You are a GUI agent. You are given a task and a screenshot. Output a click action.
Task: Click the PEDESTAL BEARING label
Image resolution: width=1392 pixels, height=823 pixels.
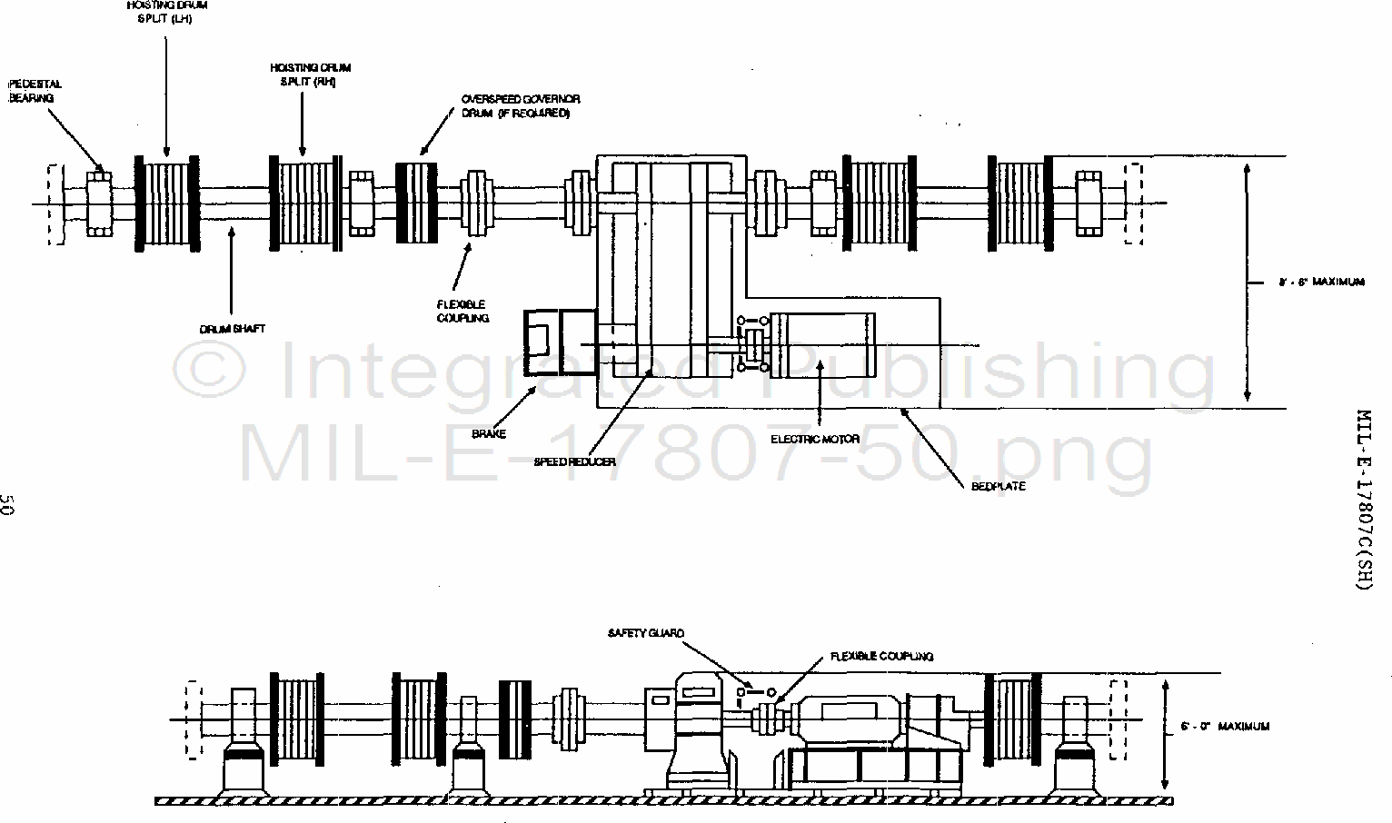(x=35, y=91)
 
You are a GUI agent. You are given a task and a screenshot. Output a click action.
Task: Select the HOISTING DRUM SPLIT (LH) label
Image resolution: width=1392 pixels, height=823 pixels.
(x=167, y=12)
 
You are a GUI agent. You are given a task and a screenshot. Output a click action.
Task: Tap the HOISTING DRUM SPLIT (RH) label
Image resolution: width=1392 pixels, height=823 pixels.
(x=310, y=74)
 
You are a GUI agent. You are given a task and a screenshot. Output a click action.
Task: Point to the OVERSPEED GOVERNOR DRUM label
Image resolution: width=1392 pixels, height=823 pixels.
(x=520, y=105)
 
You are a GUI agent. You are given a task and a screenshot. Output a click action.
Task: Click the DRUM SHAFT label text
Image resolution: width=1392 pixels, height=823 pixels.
(x=233, y=329)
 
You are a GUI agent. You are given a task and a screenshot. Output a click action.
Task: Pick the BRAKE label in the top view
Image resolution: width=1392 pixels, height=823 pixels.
(x=489, y=434)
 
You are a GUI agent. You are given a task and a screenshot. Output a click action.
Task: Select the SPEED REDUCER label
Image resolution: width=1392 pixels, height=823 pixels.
(x=574, y=462)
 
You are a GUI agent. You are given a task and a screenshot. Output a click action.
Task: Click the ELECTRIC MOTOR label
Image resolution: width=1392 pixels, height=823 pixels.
(x=815, y=440)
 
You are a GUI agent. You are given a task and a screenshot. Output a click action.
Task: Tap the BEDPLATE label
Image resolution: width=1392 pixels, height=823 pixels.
(x=998, y=487)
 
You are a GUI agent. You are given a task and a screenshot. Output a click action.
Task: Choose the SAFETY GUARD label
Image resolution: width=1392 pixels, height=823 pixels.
(x=646, y=633)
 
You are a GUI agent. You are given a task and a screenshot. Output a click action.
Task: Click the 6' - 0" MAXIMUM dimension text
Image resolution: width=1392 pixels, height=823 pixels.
(x=1224, y=727)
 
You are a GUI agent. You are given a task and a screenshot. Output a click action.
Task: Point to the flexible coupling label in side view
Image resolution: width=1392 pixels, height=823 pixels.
(x=880, y=656)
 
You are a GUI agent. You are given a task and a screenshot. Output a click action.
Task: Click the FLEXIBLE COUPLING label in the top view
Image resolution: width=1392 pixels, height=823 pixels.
(x=462, y=311)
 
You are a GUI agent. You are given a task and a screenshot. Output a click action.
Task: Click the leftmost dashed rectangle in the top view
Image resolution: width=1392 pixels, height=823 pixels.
(x=55, y=203)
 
